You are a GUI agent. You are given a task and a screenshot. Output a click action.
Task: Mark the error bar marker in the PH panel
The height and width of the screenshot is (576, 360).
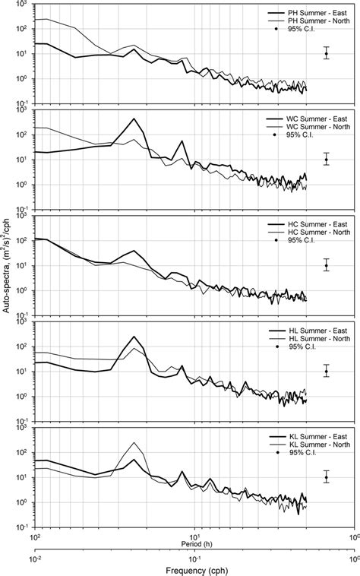326,54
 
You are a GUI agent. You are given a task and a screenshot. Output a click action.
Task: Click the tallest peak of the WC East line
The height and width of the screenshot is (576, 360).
134,119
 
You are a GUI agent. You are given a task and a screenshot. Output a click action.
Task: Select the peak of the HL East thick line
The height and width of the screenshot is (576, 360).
134,337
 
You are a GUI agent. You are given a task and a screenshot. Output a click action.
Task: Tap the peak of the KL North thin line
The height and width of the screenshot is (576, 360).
134,443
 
